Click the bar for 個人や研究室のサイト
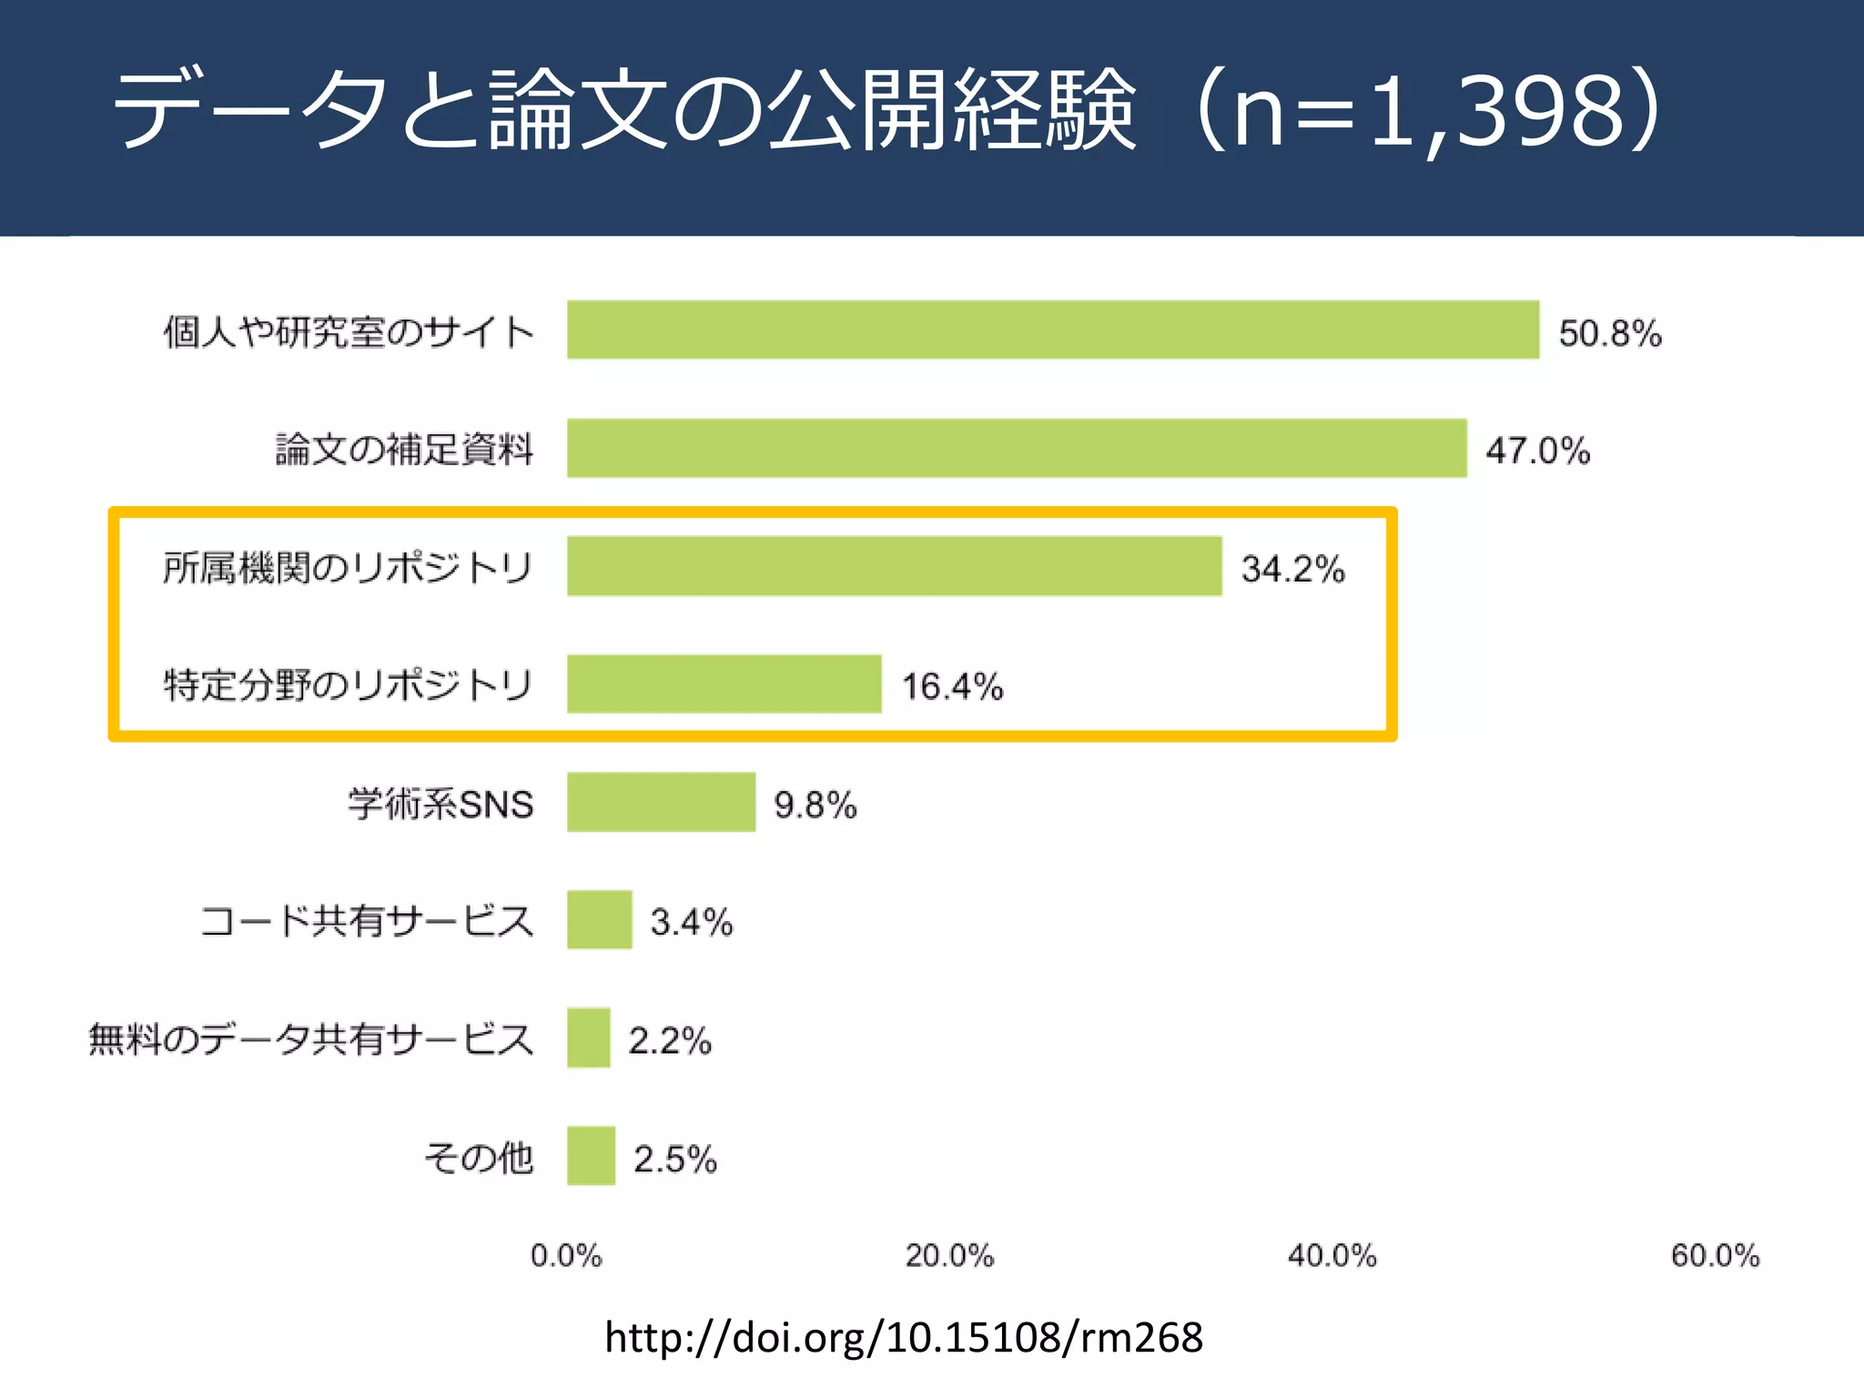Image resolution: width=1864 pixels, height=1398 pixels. pos(1053,329)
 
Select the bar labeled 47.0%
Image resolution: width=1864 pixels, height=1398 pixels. pos(1017,448)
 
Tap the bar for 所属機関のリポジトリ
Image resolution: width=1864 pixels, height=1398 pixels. pos(894,566)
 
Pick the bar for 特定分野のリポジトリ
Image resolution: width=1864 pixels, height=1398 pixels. pos(724,684)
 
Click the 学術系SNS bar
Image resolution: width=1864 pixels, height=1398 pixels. pos(661,802)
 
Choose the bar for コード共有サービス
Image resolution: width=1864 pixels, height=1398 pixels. pos(599,920)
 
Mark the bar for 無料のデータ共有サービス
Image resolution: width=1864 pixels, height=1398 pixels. pos(588,1038)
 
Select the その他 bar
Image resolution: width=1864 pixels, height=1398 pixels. pos(591,1156)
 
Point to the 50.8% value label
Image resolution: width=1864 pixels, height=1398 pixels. pos(1609,333)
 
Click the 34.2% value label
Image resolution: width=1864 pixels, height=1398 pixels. pos(1292,569)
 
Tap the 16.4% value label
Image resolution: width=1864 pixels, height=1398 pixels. pos(952,686)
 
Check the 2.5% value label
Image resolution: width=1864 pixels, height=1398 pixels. pos(674,1159)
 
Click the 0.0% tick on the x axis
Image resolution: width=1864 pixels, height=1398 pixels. pos(566,1256)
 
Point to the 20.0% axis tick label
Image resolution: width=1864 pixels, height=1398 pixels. pos(949,1256)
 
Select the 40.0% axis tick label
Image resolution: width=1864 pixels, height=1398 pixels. pos(1332,1256)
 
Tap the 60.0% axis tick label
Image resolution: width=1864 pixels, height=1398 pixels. pos(1715,1256)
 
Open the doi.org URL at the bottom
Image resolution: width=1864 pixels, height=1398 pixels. pos(903,1338)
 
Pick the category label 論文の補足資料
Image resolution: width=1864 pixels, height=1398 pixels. pos(404,449)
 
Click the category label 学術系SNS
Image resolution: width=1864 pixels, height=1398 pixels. pos(441,804)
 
